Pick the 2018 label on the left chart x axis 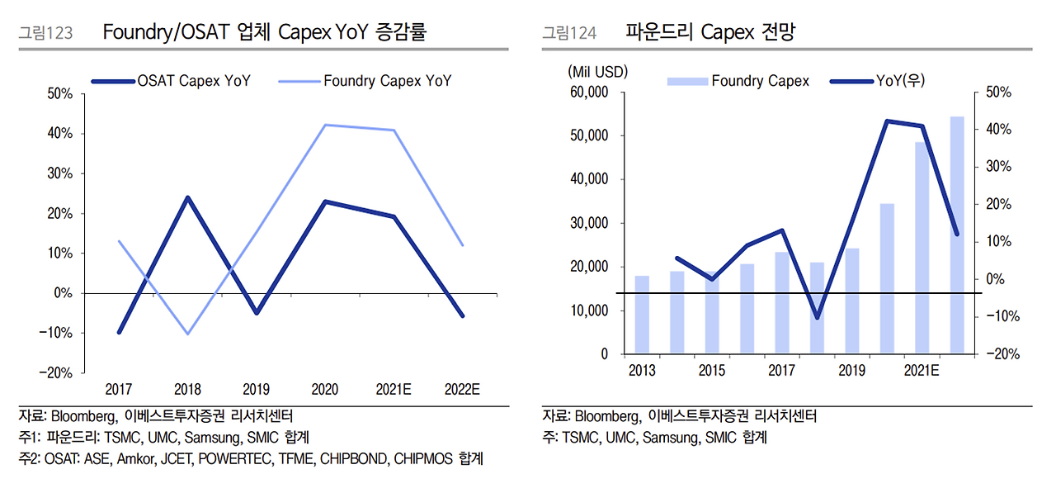pyautogui.click(x=188, y=389)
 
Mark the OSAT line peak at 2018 pyautogui.click(x=188, y=197)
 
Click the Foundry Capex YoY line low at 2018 pyautogui.click(x=188, y=334)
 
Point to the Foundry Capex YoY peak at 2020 pyautogui.click(x=325, y=125)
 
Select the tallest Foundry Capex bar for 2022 pyautogui.click(x=956, y=235)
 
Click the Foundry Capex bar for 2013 pyautogui.click(x=642, y=315)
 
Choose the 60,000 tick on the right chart pyautogui.click(x=588, y=92)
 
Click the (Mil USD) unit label pyautogui.click(x=597, y=72)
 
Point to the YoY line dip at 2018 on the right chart pyautogui.click(x=817, y=317)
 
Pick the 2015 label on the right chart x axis pyautogui.click(x=711, y=371)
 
